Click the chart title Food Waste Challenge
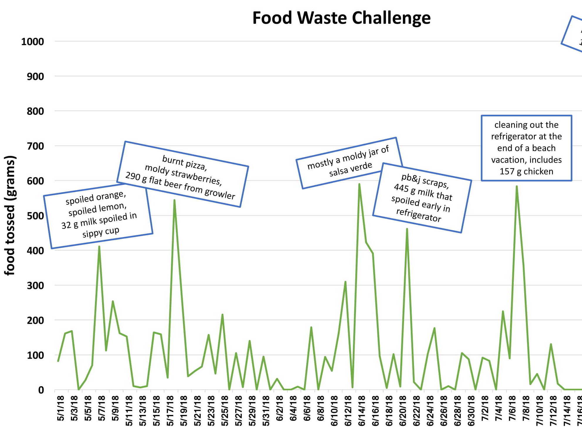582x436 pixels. point(341,18)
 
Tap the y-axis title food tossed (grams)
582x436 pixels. point(10,215)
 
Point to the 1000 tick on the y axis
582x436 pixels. point(33,42)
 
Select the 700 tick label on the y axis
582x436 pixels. point(35,146)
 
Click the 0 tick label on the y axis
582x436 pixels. point(41,390)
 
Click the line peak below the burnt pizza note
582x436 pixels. point(174,200)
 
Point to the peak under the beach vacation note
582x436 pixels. point(517,186)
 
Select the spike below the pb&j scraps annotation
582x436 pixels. point(407,229)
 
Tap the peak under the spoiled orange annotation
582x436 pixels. point(99,246)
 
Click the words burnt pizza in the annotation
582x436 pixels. point(184,163)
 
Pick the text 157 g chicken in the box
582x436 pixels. point(526,171)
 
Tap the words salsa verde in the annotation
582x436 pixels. point(350,169)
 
